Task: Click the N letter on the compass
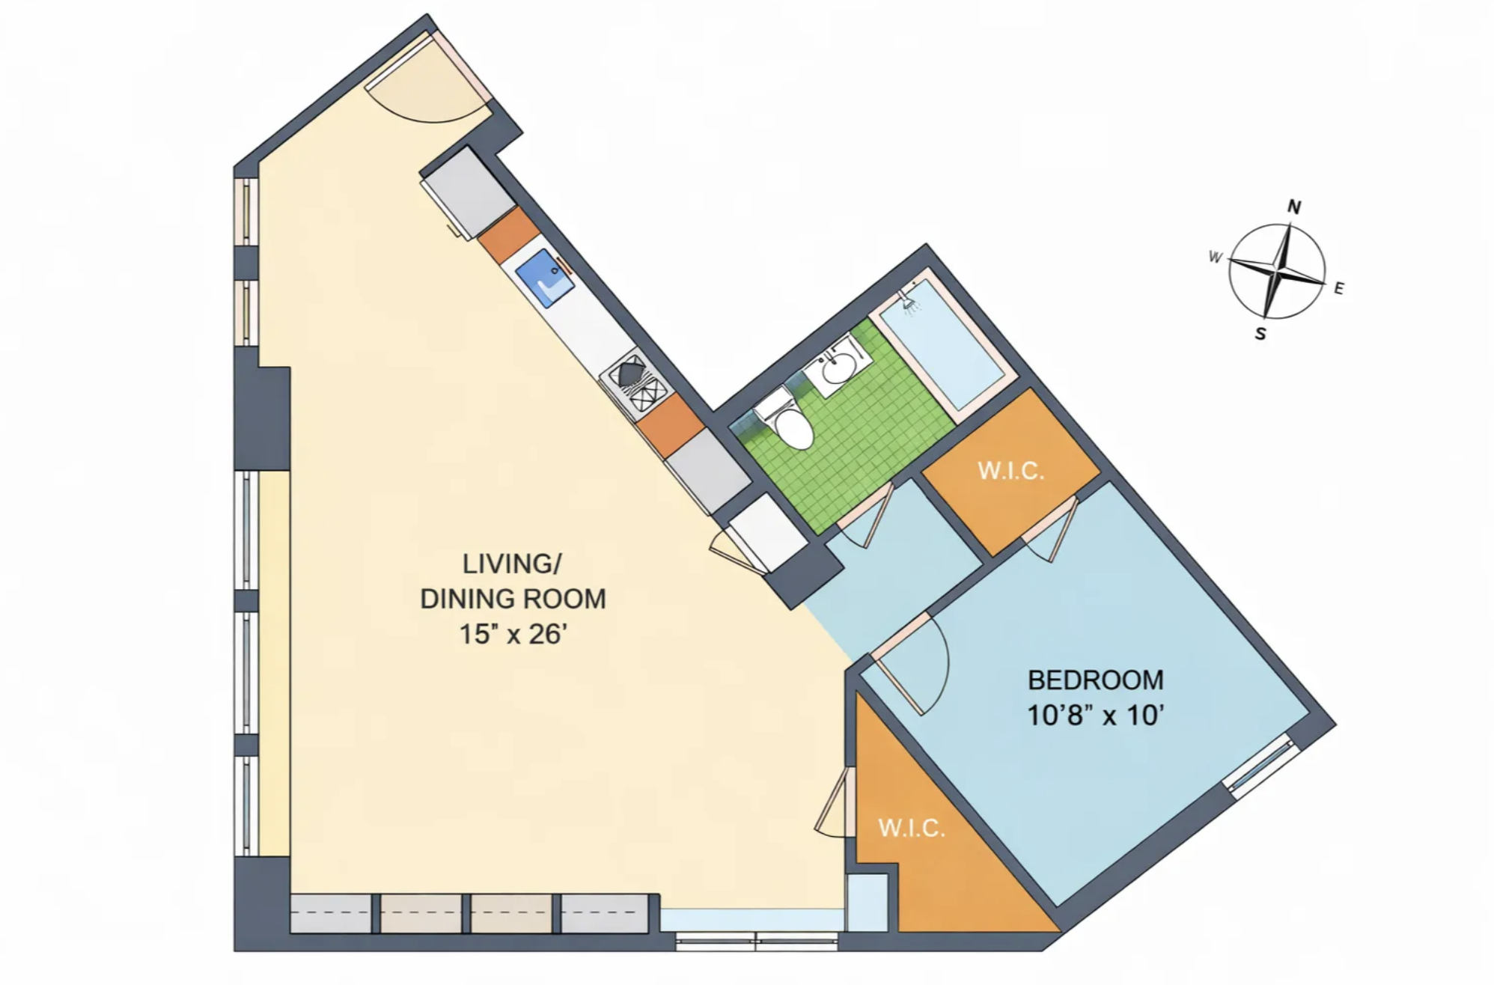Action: click(x=1293, y=207)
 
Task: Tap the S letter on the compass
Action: click(x=1260, y=334)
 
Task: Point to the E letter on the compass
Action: click(x=1339, y=288)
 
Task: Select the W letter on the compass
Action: click(x=1216, y=257)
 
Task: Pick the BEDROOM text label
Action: click(x=1095, y=680)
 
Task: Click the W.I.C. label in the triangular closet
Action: click(x=911, y=828)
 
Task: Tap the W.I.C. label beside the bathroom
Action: click(x=1010, y=471)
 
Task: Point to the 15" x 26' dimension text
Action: click(x=512, y=634)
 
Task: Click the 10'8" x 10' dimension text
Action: click(x=1095, y=716)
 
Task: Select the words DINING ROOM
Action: click(x=513, y=599)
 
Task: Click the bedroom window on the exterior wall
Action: click(x=1260, y=763)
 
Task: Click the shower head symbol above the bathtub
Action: click(x=909, y=300)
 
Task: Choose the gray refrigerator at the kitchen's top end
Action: click(x=469, y=193)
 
